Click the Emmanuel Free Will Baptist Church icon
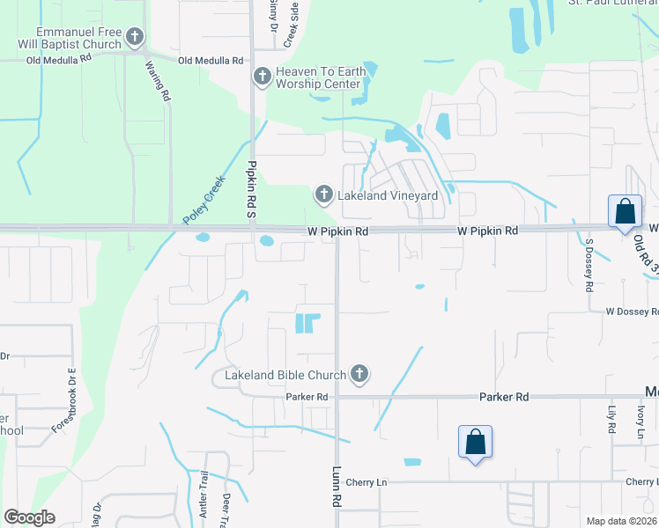(135, 37)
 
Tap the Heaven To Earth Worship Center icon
(262, 77)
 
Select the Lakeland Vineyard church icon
(323, 194)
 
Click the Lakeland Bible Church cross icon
(359, 375)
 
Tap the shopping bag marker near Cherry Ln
(475, 442)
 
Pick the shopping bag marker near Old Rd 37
(625, 212)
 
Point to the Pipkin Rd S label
(251, 189)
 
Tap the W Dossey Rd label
(631, 312)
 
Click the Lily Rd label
(610, 414)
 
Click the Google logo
(29, 517)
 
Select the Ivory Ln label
(640, 416)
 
